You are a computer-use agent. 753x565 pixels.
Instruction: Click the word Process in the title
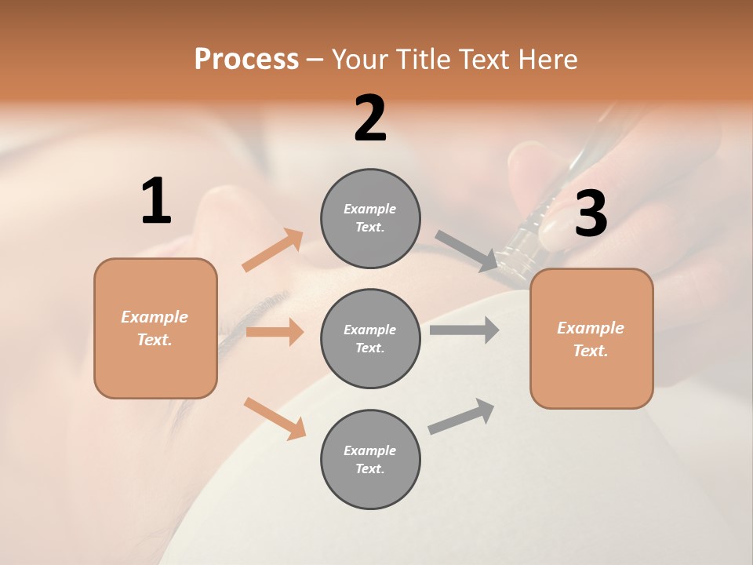click(x=246, y=60)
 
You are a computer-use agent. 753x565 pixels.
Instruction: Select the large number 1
click(x=156, y=202)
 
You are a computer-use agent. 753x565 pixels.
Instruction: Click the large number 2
click(x=370, y=118)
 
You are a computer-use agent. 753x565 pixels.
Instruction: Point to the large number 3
click(x=591, y=213)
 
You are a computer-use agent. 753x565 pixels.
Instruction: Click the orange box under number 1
click(x=155, y=328)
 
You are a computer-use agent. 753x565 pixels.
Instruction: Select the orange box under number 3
click(x=591, y=339)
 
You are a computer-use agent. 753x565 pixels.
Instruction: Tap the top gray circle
click(x=370, y=218)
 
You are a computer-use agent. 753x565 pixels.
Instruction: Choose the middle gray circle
click(x=370, y=339)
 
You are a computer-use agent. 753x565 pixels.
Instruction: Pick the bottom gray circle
click(x=370, y=460)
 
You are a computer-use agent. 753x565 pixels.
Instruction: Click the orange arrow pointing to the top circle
click(x=273, y=250)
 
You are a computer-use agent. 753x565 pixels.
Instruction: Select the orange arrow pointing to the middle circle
click(x=275, y=332)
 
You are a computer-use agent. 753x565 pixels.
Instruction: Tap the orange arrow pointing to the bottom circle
click(x=275, y=417)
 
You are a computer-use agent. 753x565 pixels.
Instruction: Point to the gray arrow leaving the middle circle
click(x=464, y=330)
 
